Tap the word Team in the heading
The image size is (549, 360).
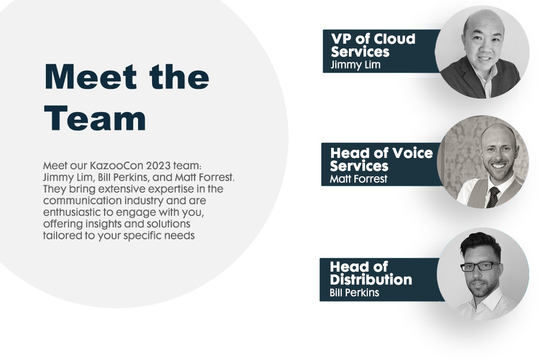(x=95, y=118)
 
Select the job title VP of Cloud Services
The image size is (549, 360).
(x=373, y=45)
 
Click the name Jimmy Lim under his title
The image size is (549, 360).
(x=355, y=65)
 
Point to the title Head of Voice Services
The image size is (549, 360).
(x=381, y=159)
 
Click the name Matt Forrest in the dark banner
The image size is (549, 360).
(x=359, y=179)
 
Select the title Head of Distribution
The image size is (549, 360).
(x=371, y=273)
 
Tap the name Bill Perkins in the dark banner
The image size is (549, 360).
(x=354, y=293)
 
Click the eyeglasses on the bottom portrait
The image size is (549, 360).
(x=479, y=267)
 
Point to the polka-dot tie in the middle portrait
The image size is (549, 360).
(x=493, y=197)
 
